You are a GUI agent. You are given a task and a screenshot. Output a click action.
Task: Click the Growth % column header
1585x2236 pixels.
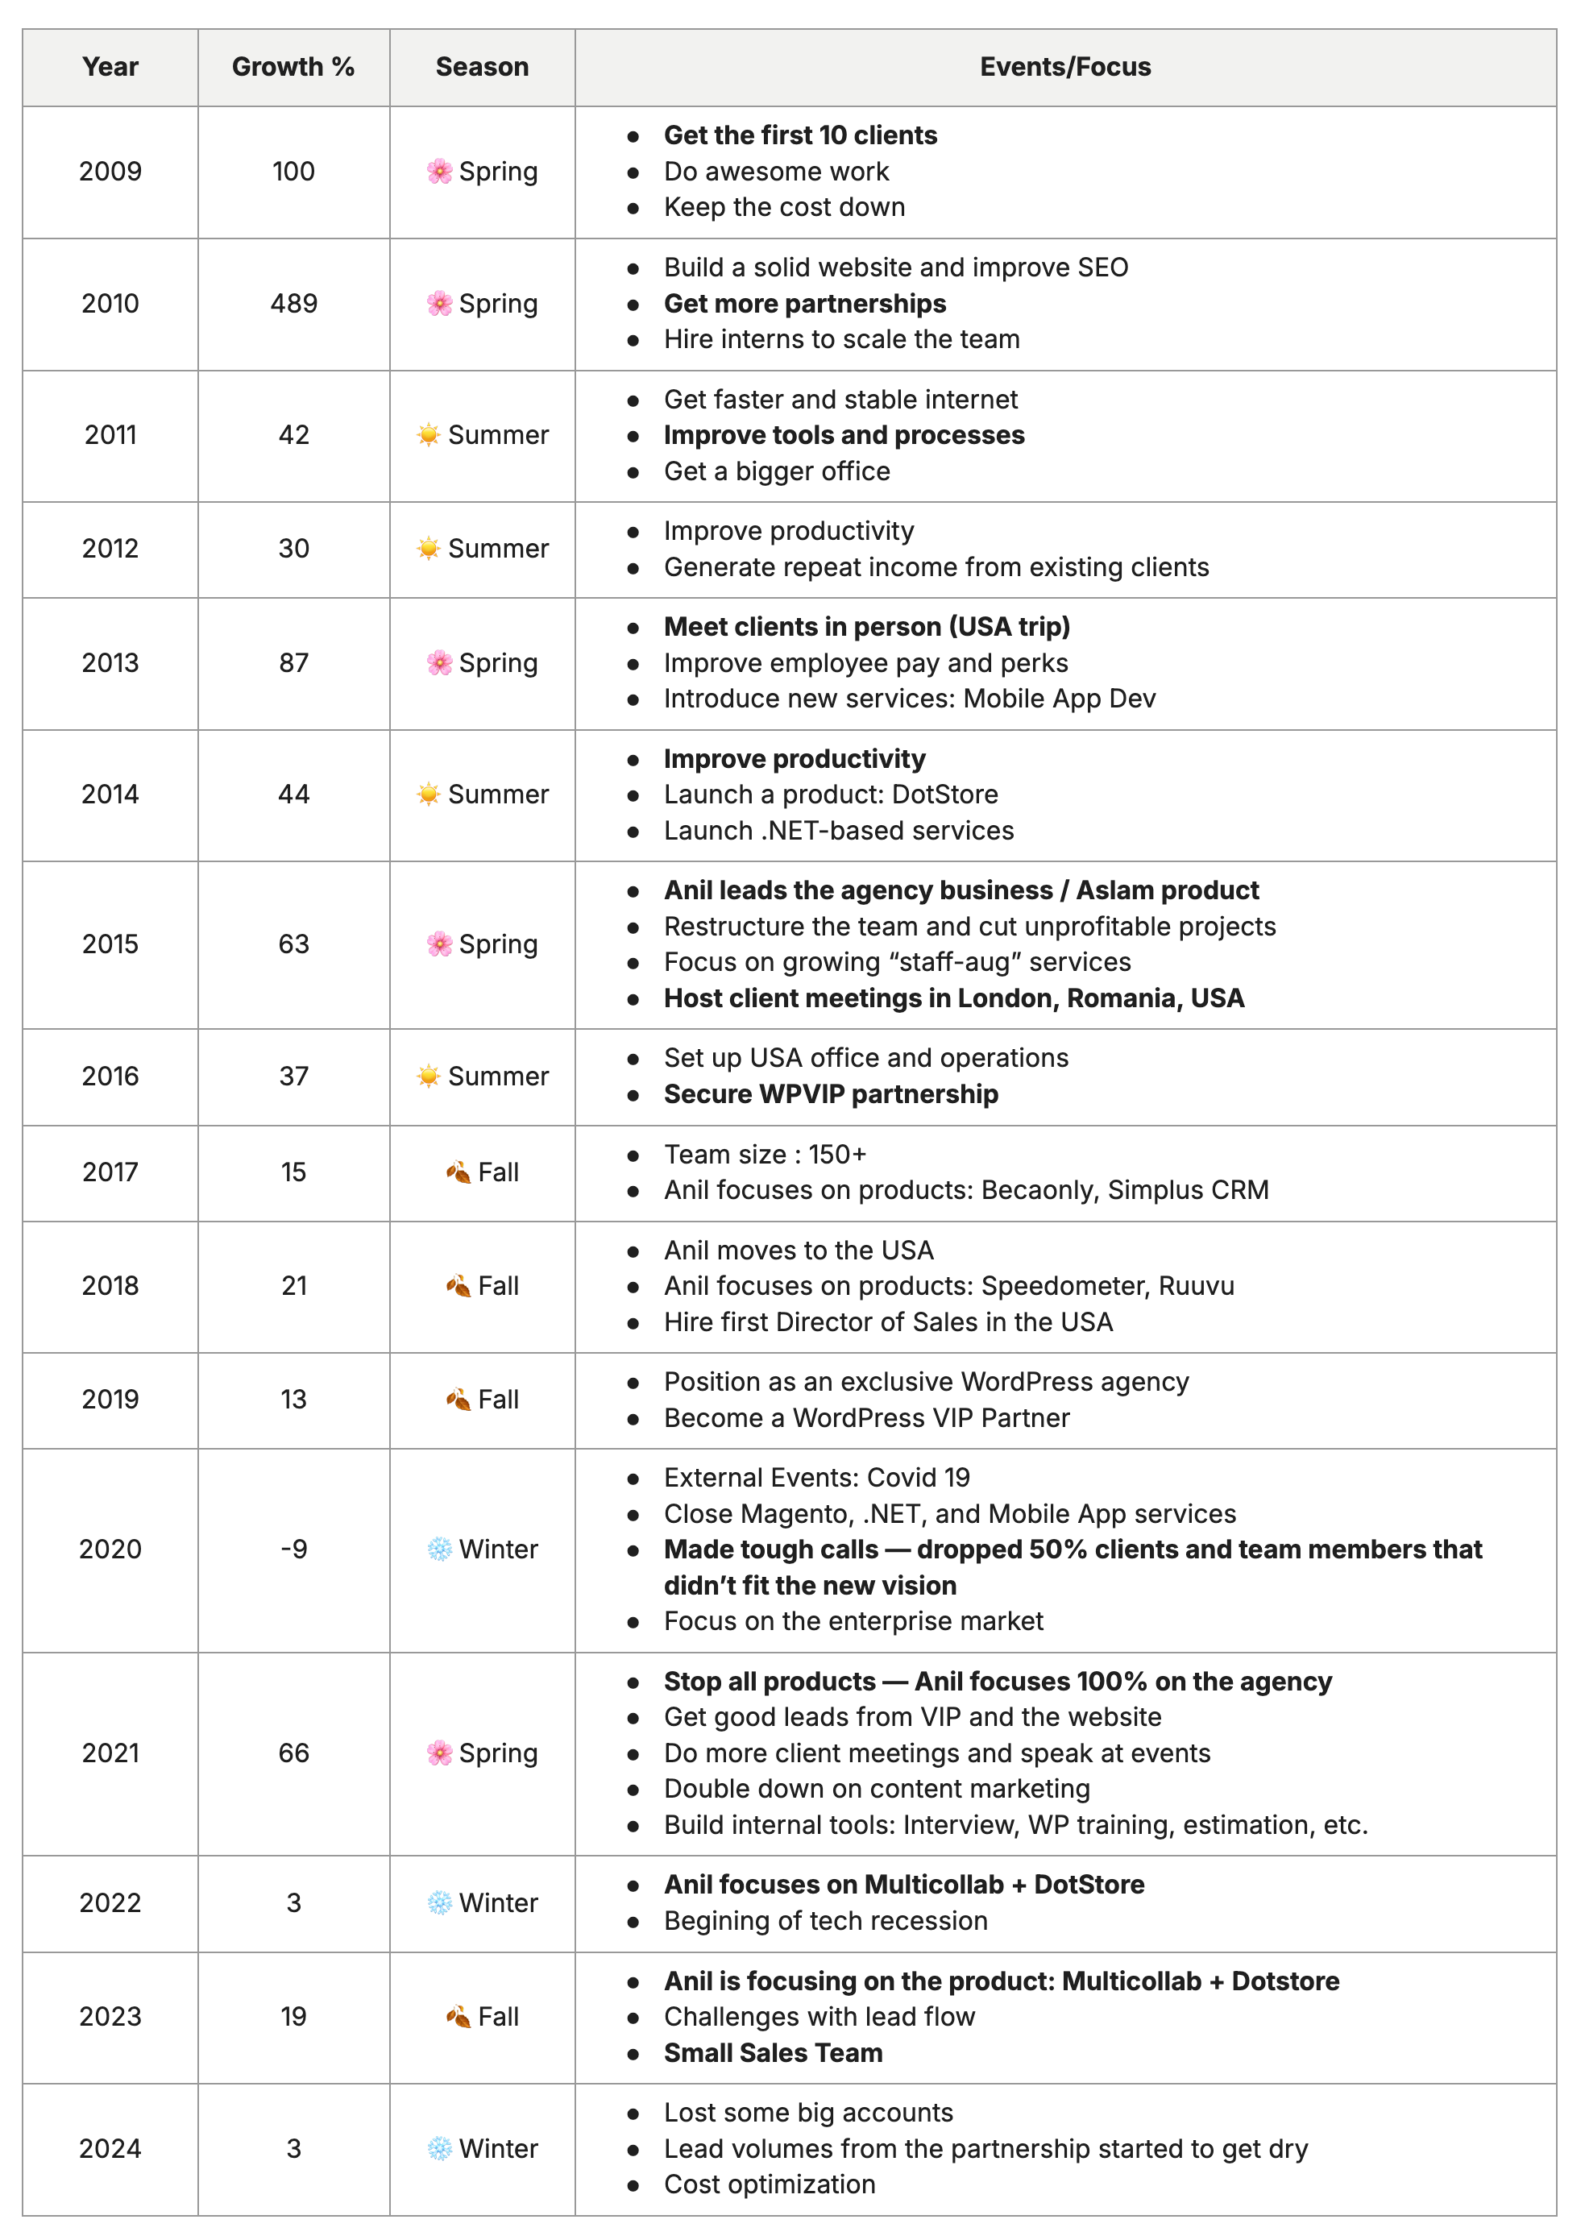293,66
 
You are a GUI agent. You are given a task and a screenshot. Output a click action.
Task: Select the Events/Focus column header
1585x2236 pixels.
1064,66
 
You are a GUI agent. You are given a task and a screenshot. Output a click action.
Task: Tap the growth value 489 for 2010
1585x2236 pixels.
294,304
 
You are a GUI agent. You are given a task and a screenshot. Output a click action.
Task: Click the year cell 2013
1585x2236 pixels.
110,662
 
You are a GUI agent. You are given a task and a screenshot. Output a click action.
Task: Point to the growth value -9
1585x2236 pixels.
294,1549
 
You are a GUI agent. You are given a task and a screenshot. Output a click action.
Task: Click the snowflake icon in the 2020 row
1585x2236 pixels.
439,1549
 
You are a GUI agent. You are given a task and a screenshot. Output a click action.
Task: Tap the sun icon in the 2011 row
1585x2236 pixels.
429,435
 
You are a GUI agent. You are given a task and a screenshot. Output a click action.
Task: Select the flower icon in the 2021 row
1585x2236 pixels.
439,1753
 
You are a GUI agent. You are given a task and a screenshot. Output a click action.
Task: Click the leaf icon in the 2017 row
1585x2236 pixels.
458,1172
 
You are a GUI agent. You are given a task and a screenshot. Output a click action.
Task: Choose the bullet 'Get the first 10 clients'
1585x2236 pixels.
800,135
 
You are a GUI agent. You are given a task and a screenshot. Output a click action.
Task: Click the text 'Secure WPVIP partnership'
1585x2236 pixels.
831,1094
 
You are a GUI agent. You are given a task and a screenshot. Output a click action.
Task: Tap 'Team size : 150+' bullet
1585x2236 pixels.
766,1155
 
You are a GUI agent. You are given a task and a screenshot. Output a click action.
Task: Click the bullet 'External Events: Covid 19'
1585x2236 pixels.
817,1478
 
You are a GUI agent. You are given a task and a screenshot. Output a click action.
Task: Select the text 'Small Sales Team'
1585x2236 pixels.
773,2052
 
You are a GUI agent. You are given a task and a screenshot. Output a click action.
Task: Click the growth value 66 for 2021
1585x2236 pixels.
294,1753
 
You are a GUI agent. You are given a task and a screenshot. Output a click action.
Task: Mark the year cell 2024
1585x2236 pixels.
110,2148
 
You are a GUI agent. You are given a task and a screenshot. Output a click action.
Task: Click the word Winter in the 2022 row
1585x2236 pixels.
498,1903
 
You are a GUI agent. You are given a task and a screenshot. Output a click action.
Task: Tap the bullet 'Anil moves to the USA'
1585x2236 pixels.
799,1251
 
